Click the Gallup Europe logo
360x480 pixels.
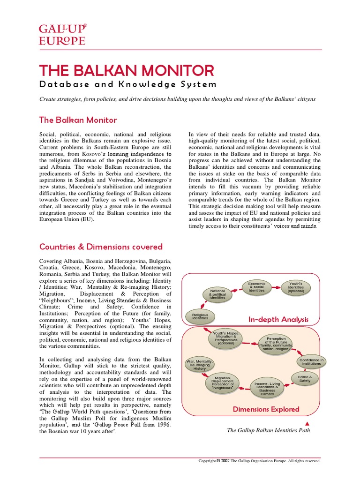tap(62, 34)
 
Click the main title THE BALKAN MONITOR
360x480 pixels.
tap(127, 71)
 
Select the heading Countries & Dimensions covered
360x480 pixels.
tap(101, 247)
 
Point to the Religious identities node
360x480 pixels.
tap(200, 316)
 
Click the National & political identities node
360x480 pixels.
tap(217, 294)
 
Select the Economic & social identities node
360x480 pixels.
tap(256, 287)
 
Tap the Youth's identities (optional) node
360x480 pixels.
tap(296, 287)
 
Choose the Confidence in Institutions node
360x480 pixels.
tap(311, 362)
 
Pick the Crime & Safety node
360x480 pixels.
tap(305, 378)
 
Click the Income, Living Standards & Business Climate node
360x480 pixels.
tap(267, 389)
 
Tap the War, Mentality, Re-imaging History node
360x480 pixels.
tap(200, 365)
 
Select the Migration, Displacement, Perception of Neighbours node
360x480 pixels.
tap(222, 383)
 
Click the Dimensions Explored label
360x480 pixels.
tap(266, 409)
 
